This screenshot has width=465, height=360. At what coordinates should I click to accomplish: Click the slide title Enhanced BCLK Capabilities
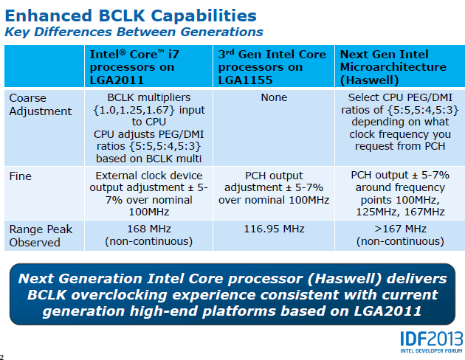click(131, 15)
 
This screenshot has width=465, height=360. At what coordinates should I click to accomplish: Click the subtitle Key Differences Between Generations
click(134, 32)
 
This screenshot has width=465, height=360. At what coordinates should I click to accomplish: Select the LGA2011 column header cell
click(148, 66)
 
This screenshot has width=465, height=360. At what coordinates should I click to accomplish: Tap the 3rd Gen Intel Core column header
click(274, 66)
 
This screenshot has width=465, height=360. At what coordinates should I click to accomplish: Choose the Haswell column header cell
click(400, 66)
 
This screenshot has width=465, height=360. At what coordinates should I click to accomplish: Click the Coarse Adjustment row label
click(41, 105)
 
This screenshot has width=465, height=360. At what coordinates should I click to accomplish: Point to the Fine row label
click(20, 176)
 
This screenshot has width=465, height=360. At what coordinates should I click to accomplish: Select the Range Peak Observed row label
click(41, 236)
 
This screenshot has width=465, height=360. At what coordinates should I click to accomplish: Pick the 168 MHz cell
click(149, 235)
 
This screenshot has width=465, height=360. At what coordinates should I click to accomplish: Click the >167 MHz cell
click(400, 235)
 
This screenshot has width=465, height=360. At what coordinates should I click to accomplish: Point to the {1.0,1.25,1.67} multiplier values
click(134, 110)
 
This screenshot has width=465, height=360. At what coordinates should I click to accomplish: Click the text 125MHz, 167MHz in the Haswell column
click(400, 212)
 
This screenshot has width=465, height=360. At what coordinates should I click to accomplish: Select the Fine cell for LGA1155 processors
click(274, 193)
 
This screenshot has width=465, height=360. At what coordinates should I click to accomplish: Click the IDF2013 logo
click(432, 339)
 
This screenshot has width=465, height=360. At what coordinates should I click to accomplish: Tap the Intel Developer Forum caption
click(431, 351)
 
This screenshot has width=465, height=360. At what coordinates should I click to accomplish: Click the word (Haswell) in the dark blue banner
click(344, 279)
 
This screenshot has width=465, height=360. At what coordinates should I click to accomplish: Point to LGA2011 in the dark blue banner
click(387, 311)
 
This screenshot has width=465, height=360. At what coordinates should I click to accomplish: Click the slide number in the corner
click(1, 357)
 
